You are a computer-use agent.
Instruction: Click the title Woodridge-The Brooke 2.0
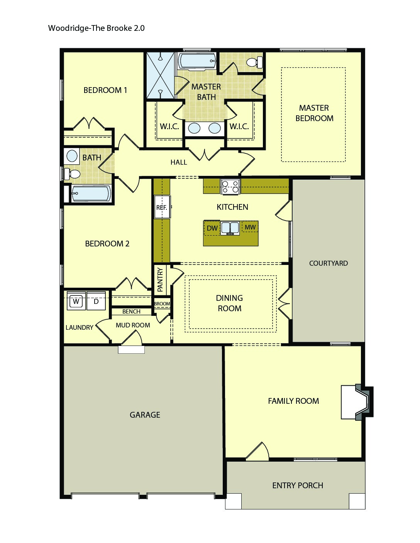pos(96,28)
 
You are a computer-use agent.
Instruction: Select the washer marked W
pos(76,301)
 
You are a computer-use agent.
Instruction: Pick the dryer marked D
pos(96,301)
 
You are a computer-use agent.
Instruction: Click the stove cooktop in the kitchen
pos(230,187)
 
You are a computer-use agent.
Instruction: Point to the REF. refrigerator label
pos(162,207)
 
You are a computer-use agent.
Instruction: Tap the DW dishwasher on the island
pos(212,228)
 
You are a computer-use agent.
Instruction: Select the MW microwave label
pos(250,227)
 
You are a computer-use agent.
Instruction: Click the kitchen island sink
pos(230,228)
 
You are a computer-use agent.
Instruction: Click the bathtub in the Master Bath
pos(197,61)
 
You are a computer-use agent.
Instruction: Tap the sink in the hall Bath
pos(72,156)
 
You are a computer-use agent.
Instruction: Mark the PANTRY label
pos(160,279)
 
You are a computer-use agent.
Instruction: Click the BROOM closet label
pos(162,304)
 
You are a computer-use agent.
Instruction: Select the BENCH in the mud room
pos(131,311)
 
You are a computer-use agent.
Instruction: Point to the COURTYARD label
pos(328,263)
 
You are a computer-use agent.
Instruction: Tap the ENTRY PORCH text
pos(297,485)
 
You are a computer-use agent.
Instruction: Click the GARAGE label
pos(145,415)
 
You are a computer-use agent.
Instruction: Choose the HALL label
pos(179,162)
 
